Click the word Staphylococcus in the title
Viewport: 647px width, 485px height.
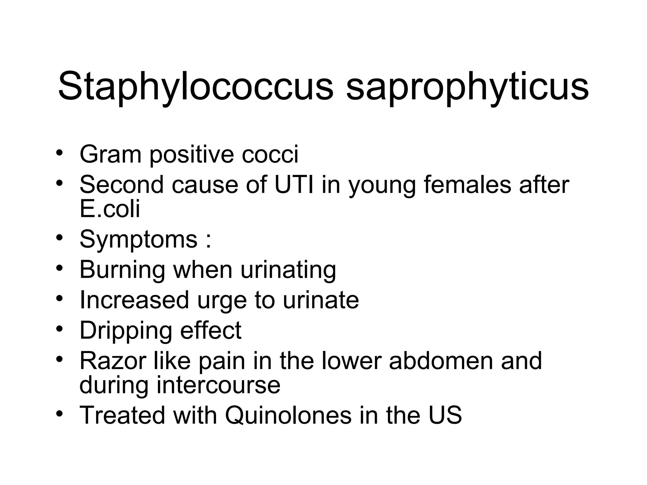(196, 86)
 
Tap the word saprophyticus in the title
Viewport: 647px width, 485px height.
(467, 86)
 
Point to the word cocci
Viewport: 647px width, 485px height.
(270, 154)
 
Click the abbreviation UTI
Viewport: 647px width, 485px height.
(294, 184)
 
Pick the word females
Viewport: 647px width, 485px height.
(467, 184)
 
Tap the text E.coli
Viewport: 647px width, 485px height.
(110, 209)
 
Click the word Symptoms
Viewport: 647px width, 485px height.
(138, 239)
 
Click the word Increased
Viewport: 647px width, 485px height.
(134, 300)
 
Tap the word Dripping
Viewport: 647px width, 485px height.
(126, 330)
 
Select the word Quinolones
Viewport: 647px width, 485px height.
(288, 415)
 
